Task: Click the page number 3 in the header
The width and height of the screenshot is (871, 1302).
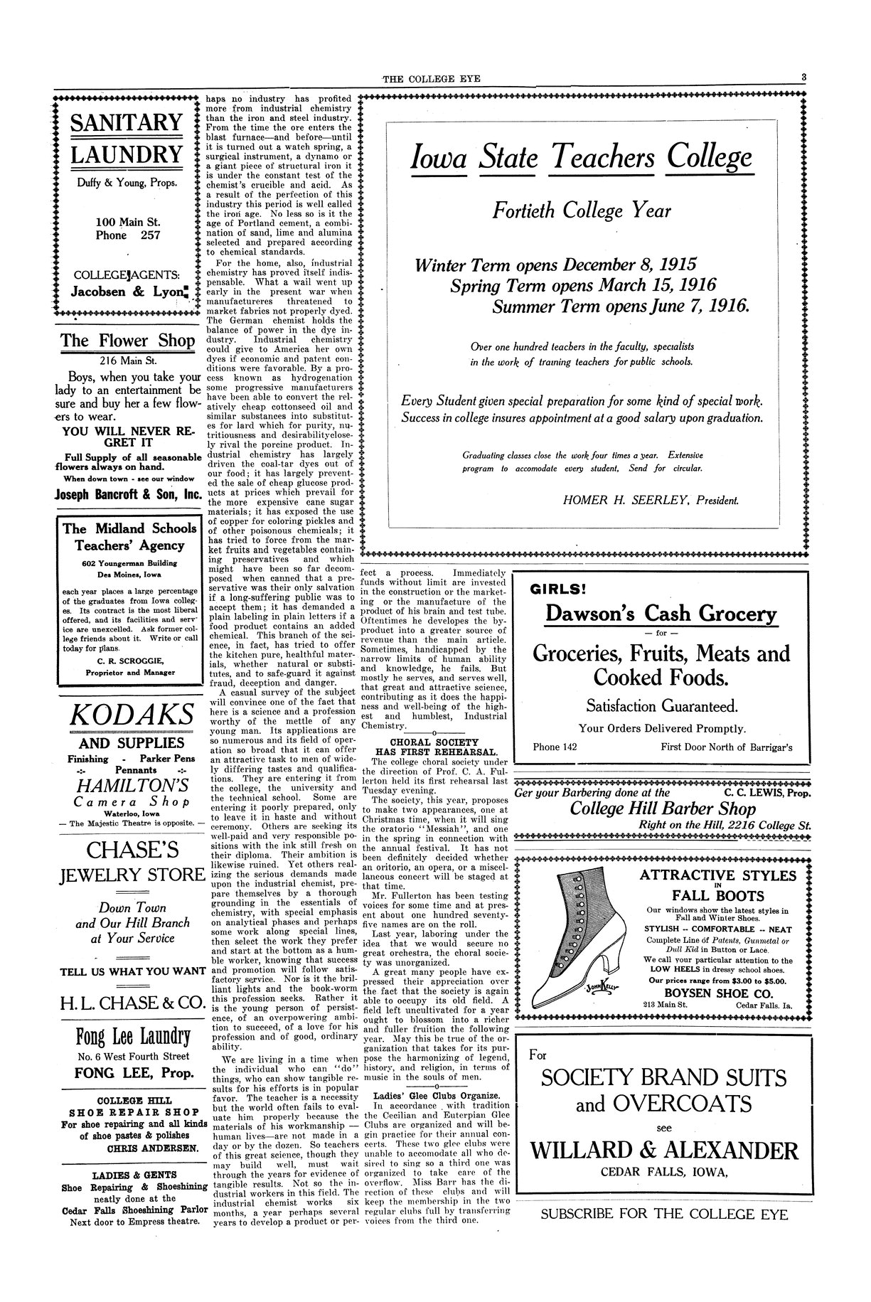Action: click(802, 78)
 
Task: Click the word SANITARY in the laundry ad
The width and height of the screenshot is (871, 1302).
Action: click(127, 122)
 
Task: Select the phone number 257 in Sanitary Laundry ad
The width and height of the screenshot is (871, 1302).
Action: click(150, 235)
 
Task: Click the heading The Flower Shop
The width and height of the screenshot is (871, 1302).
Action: click(127, 341)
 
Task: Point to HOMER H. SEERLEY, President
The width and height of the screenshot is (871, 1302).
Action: click(651, 501)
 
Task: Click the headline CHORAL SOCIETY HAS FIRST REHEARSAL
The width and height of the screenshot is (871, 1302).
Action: click(436, 747)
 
